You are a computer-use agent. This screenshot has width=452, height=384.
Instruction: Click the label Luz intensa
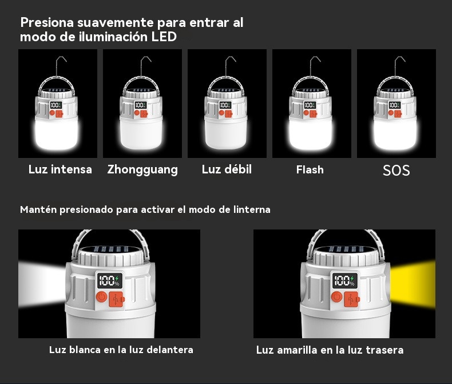pos(60,169)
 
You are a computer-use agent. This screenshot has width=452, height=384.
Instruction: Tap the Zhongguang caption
pos(142,170)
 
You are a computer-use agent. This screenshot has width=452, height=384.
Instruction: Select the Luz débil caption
pos(227,169)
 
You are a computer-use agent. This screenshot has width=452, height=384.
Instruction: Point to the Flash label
pos(310,169)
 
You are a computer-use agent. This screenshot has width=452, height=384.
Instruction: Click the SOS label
pos(396,171)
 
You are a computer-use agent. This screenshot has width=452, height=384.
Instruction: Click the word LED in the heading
pos(164,37)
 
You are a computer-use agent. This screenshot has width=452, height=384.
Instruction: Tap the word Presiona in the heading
pos(47,22)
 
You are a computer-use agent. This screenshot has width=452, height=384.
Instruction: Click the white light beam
pos(42,284)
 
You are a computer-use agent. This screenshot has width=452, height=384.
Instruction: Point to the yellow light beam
pos(413,284)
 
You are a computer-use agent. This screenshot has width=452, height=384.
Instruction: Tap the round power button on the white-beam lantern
pos(101,297)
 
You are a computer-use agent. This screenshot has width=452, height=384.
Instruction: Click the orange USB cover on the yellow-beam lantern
pos(351,299)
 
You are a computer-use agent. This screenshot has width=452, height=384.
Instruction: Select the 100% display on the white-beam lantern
pos(109,280)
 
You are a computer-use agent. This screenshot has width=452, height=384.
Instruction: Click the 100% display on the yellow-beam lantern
pos(345,280)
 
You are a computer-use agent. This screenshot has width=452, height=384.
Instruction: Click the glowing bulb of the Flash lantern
pos(311,134)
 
